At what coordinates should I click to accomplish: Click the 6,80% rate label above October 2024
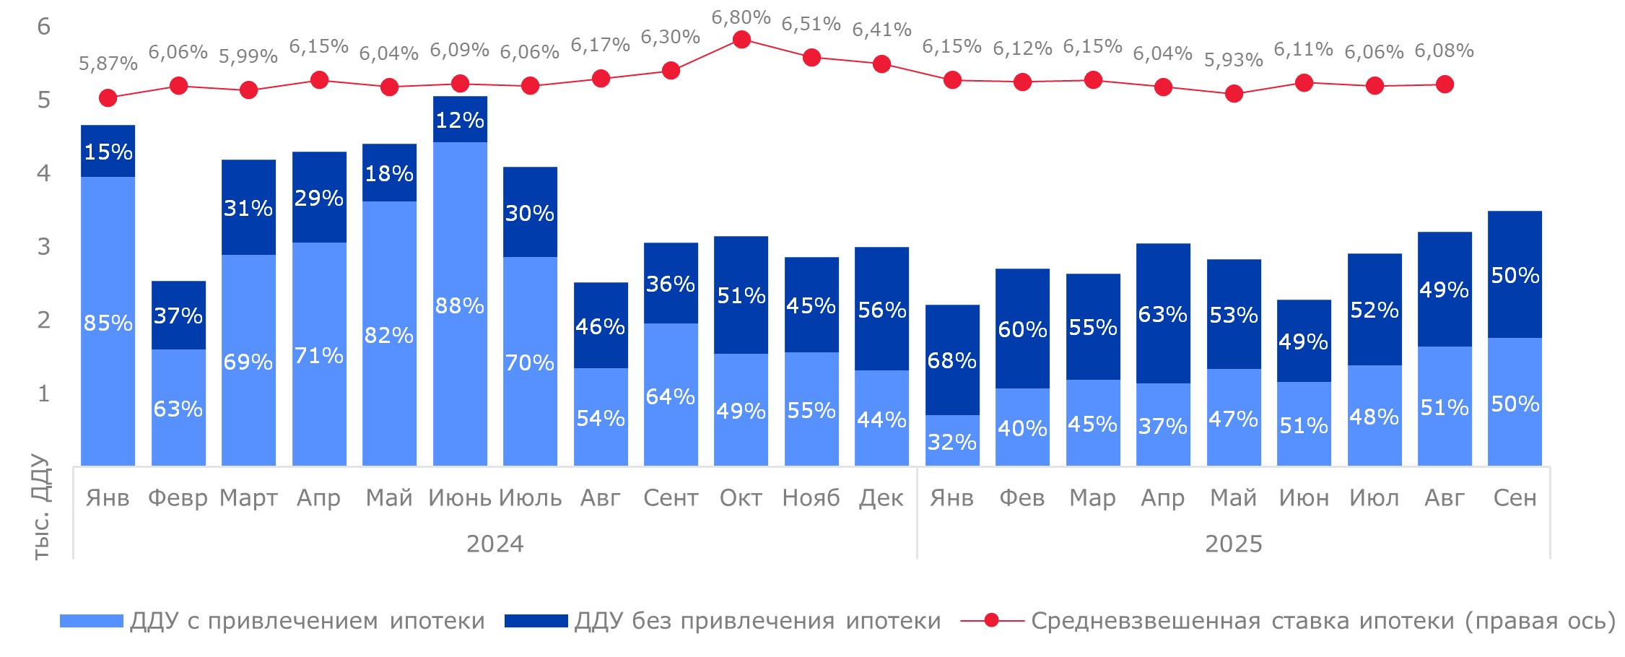pos(741,17)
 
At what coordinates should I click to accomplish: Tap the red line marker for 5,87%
pos(108,97)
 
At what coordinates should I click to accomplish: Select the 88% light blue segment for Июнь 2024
pos(460,305)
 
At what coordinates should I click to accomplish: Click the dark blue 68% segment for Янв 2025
pos(952,360)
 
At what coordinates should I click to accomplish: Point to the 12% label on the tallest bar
pos(460,120)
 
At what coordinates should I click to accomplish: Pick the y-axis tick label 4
pos(43,173)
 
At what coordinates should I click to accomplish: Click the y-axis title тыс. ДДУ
pos(41,506)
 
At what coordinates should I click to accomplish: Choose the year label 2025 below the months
pos(1233,544)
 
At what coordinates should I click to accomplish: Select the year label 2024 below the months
pos(495,544)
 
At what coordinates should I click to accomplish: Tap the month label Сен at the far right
pos(1515,497)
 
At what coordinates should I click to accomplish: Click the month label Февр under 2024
pos(178,497)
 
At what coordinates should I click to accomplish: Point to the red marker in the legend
pos(991,620)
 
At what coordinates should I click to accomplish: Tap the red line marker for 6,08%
pos(1445,84)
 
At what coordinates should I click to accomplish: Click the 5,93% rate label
pos(1233,60)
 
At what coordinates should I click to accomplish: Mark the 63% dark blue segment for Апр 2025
pos(1163,314)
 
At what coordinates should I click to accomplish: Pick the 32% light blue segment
pos(952,441)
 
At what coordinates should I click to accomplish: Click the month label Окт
pos(741,497)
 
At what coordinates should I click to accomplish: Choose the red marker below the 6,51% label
pos(811,57)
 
